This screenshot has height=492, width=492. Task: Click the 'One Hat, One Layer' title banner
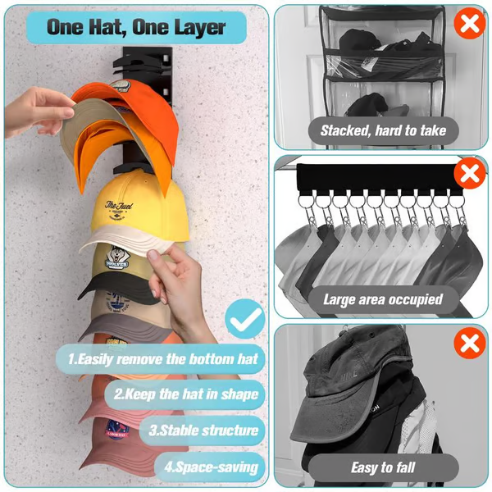(x=135, y=26)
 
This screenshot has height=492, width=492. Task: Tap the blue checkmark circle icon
(x=244, y=320)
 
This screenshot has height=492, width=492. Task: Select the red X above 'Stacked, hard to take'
(x=469, y=24)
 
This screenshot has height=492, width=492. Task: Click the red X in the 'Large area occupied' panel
(x=469, y=174)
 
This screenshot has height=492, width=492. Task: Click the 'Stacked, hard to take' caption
(x=383, y=130)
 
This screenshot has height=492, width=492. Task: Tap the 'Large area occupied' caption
(x=382, y=299)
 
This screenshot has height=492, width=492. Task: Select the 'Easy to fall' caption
(x=382, y=467)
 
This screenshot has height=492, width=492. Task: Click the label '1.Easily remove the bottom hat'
(x=162, y=358)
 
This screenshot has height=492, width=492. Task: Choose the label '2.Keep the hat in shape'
(x=185, y=394)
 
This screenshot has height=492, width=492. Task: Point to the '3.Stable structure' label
(x=205, y=430)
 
